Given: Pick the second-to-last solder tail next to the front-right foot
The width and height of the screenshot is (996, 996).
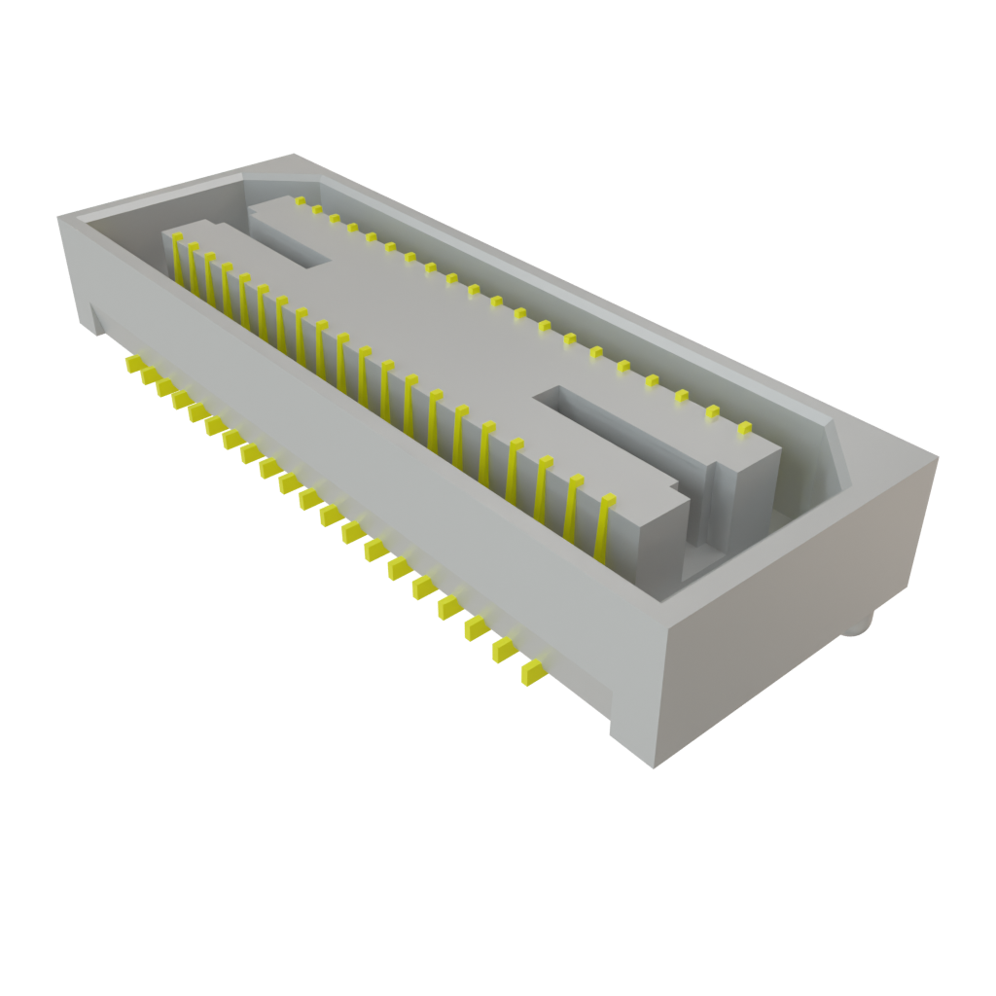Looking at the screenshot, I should [x=505, y=650].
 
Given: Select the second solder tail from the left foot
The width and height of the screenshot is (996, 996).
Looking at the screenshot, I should [x=148, y=376].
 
